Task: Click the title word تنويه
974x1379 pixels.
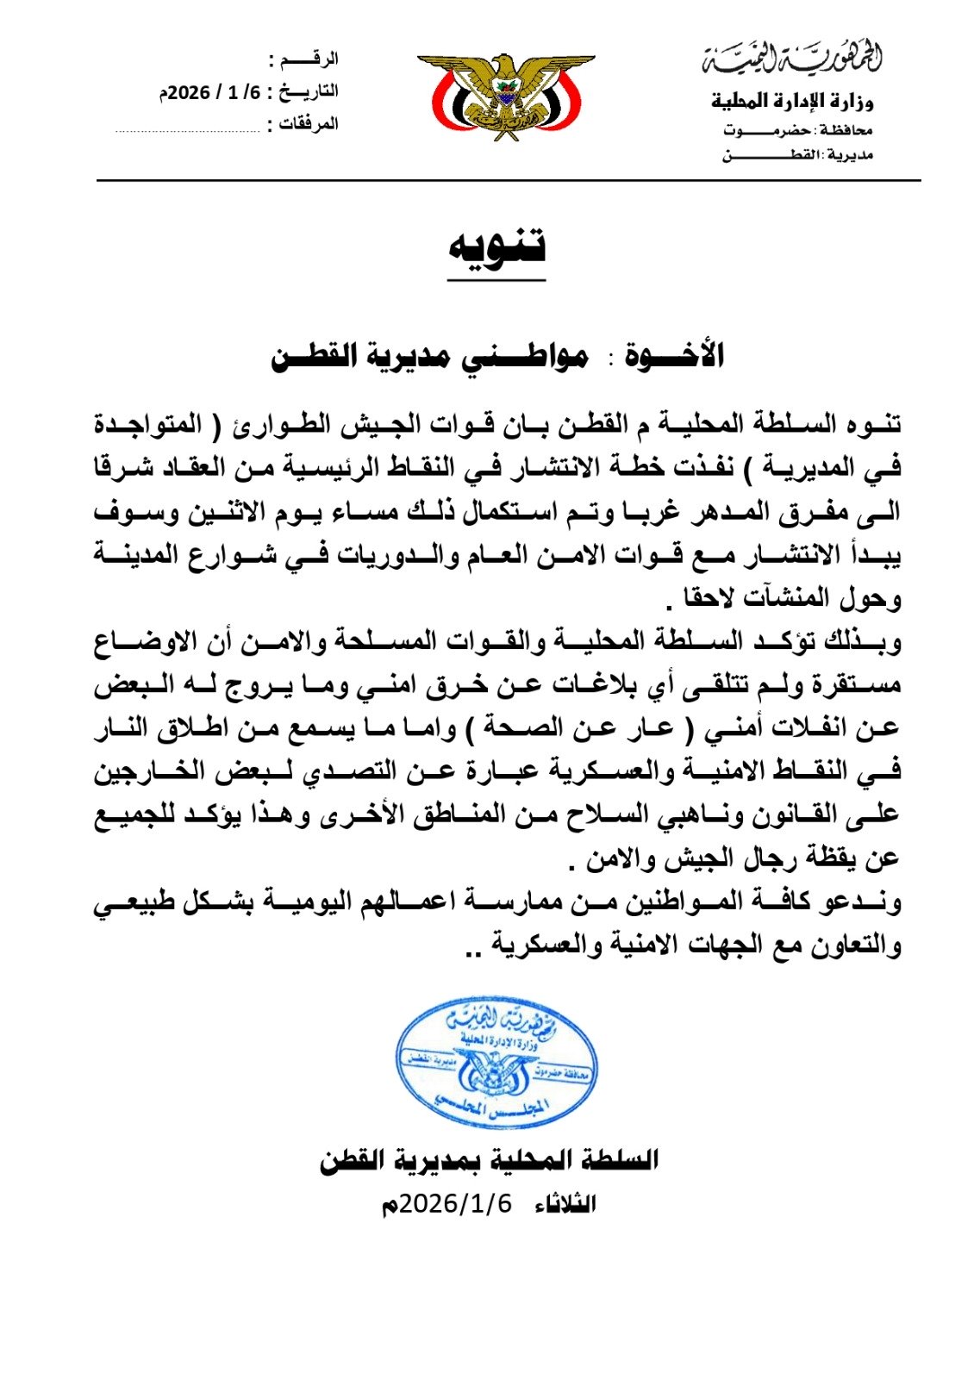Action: tap(496, 247)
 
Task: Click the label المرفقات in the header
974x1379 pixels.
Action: tap(308, 124)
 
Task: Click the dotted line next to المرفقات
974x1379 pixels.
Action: tap(187, 131)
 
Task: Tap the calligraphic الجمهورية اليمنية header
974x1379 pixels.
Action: tap(791, 58)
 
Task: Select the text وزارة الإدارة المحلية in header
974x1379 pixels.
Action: tap(791, 102)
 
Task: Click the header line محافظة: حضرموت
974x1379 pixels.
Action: tap(797, 130)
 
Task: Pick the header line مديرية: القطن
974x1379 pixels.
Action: tap(797, 155)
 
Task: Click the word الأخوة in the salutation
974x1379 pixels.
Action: tap(677, 355)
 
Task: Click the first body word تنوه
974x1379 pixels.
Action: tap(871, 423)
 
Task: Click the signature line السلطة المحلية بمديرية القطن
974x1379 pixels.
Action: tap(489, 1160)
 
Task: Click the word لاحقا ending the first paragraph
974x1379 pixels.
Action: tap(712, 597)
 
